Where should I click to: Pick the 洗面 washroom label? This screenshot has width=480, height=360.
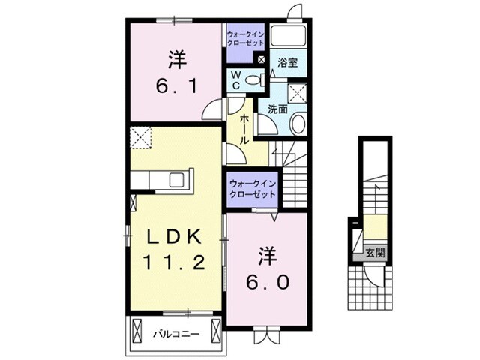(x=277, y=109)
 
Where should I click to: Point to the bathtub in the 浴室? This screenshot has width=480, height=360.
(x=289, y=36)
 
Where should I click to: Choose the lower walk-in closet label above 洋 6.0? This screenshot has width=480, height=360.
(x=252, y=188)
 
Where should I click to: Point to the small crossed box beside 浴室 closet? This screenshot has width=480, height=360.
(x=260, y=60)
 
